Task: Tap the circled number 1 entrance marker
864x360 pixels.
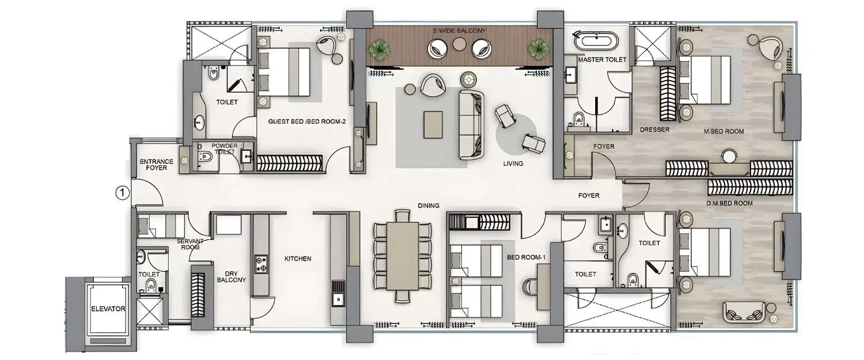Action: [x=122, y=193]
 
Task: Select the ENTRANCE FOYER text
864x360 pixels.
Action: [x=153, y=164]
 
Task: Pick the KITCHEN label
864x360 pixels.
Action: [x=297, y=259]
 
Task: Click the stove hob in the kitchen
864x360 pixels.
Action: [x=262, y=263]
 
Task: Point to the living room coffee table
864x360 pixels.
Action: [x=433, y=124]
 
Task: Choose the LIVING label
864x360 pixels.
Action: [x=512, y=164]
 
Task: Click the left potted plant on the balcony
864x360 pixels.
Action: [x=380, y=50]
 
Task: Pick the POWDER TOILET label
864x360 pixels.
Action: [x=224, y=149]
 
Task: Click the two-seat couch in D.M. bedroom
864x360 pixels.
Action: [x=743, y=314]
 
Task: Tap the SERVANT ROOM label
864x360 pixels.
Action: [x=188, y=244]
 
